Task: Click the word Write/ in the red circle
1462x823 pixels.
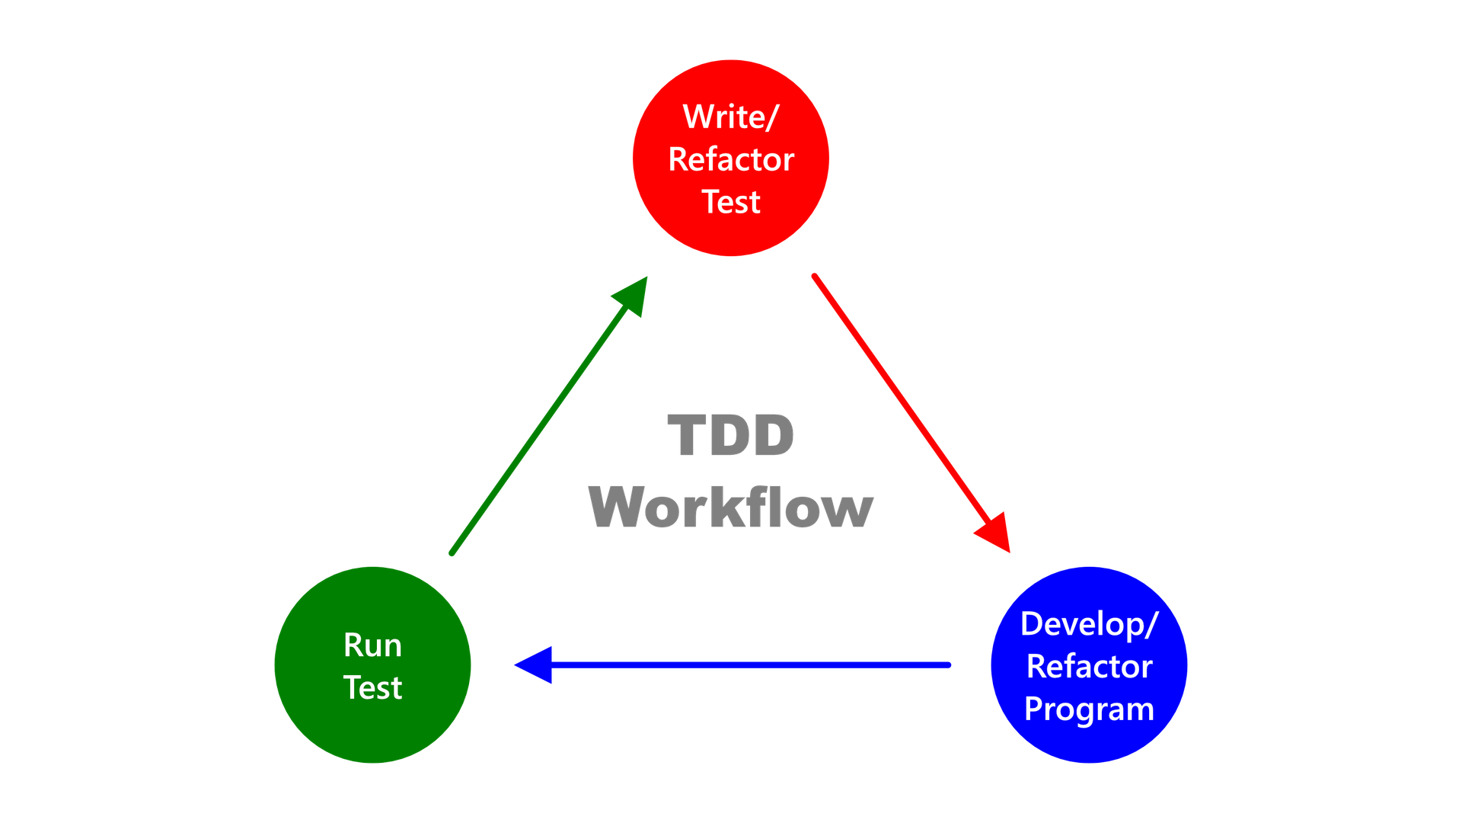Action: tap(730, 117)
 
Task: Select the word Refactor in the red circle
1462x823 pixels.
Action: tap(731, 160)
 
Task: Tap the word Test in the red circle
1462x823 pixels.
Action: tap(731, 203)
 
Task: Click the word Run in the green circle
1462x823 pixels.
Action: tap(372, 645)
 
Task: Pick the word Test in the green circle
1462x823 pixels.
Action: tap(372, 688)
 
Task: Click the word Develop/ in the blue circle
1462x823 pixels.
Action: tap(1089, 624)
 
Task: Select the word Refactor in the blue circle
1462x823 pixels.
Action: tap(1089, 667)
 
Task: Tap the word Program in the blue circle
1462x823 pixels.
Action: tap(1089, 709)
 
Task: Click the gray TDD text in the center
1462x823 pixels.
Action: tap(731, 436)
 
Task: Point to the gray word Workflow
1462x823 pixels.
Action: tap(731, 507)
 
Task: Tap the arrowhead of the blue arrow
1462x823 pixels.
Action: tap(533, 664)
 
